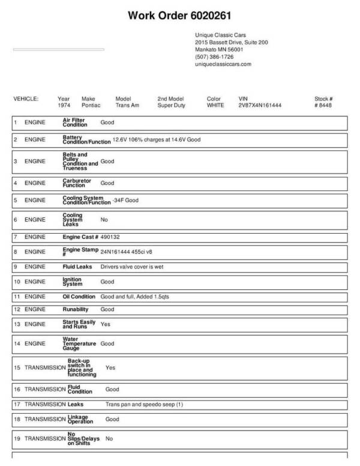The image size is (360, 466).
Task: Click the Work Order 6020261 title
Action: tap(179, 16)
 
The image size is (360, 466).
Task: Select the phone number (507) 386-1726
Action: tap(214, 56)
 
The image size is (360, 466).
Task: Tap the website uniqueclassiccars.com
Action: tap(223, 64)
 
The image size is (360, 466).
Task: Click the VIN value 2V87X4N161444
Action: tap(260, 105)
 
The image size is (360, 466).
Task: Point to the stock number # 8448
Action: tap(323, 105)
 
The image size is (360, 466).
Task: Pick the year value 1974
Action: tap(64, 105)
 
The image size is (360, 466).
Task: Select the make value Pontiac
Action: tap(91, 105)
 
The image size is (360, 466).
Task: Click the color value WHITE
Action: tap(215, 105)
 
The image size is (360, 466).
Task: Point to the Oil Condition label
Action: tap(79, 297)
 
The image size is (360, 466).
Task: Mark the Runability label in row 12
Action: tap(76, 309)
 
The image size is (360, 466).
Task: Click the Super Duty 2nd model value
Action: tap(172, 105)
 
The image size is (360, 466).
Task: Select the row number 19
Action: tap(17, 438)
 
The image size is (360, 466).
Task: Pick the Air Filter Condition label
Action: tap(75, 122)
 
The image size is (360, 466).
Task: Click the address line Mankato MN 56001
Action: tap(218, 49)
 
